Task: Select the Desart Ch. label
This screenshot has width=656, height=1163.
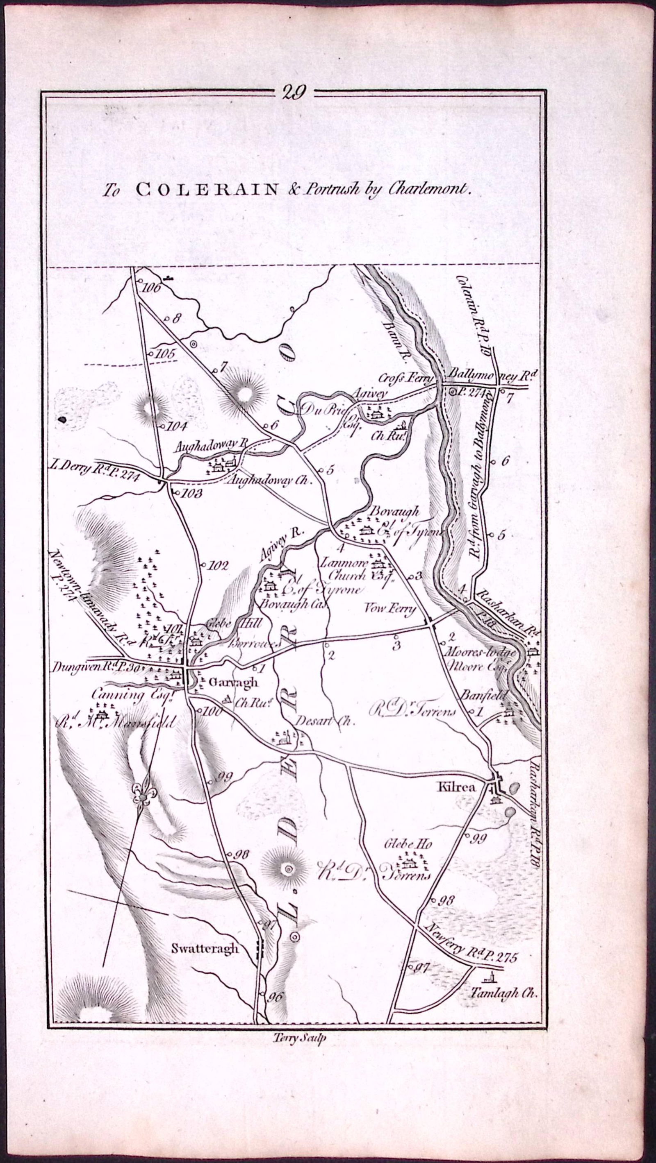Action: click(325, 721)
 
